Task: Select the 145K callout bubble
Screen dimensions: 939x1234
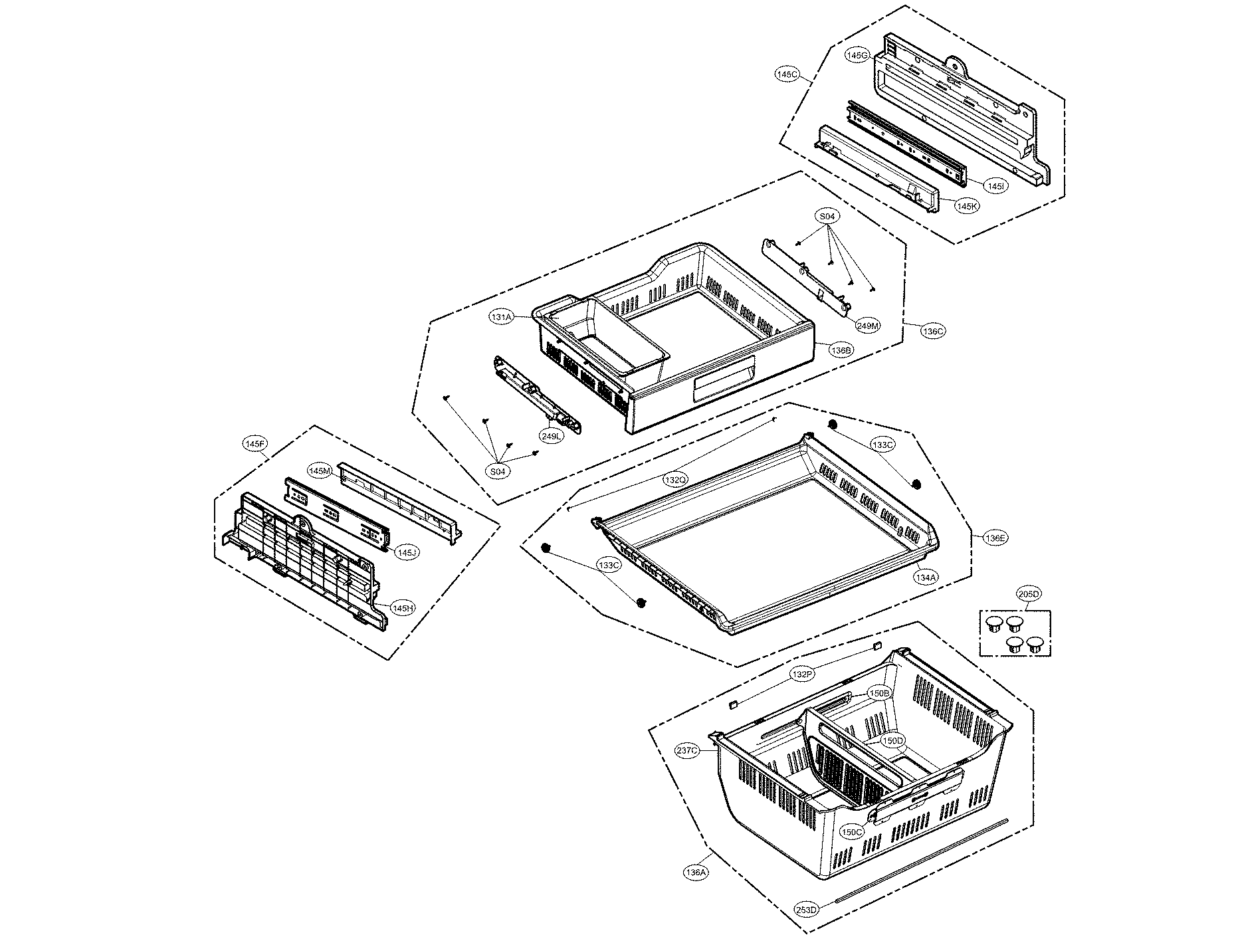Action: click(x=967, y=206)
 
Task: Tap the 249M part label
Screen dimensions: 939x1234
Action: click(x=868, y=326)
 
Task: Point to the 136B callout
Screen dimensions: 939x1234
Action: click(x=841, y=350)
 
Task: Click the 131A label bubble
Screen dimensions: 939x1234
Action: click(x=502, y=318)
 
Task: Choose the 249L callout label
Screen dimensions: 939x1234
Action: click(x=551, y=436)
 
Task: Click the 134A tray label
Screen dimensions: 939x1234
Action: click(x=926, y=577)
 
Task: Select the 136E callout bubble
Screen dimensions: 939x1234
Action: click(x=995, y=538)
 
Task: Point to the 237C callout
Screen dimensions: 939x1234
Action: click(x=687, y=751)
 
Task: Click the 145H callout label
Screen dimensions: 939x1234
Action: click(x=402, y=607)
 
